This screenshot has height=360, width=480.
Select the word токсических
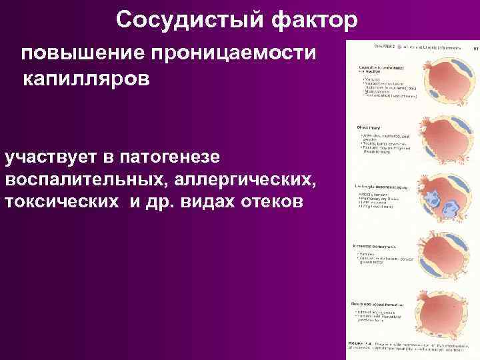pos(64,202)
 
